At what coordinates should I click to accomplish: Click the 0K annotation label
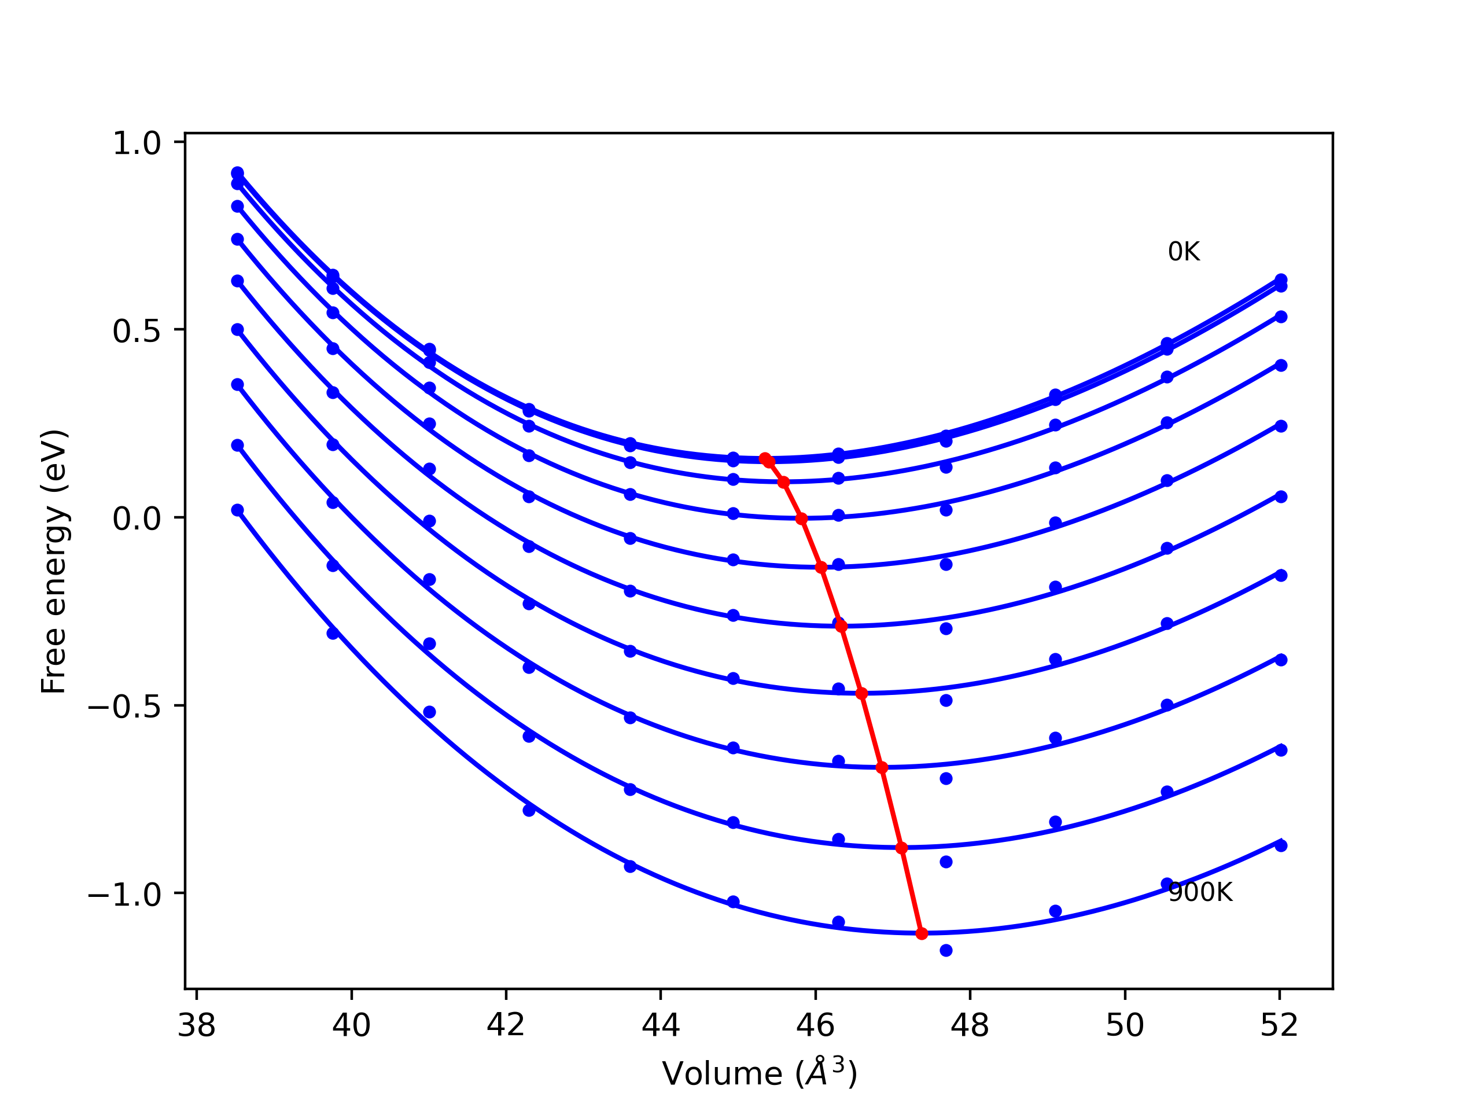(x=1184, y=252)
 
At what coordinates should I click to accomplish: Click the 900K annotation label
(x=1200, y=893)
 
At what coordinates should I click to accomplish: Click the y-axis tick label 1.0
(x=137, y=144)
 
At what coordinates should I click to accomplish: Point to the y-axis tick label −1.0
(x=124, y=895)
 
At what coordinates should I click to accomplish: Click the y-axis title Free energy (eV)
(x=54, y=561)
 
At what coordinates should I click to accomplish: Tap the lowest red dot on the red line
(x=922, y=933)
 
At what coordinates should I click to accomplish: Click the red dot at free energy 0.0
(x=801, y=519)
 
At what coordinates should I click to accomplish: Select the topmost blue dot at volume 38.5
(x=237, y=173)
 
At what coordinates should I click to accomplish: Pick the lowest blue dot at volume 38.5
(x=237, y=510)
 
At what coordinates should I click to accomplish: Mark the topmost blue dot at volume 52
(x=1281, y=279)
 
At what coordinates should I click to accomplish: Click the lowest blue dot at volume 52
(x=1281, y=846)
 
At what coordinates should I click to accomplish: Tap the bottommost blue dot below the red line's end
(x=946, y=950)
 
